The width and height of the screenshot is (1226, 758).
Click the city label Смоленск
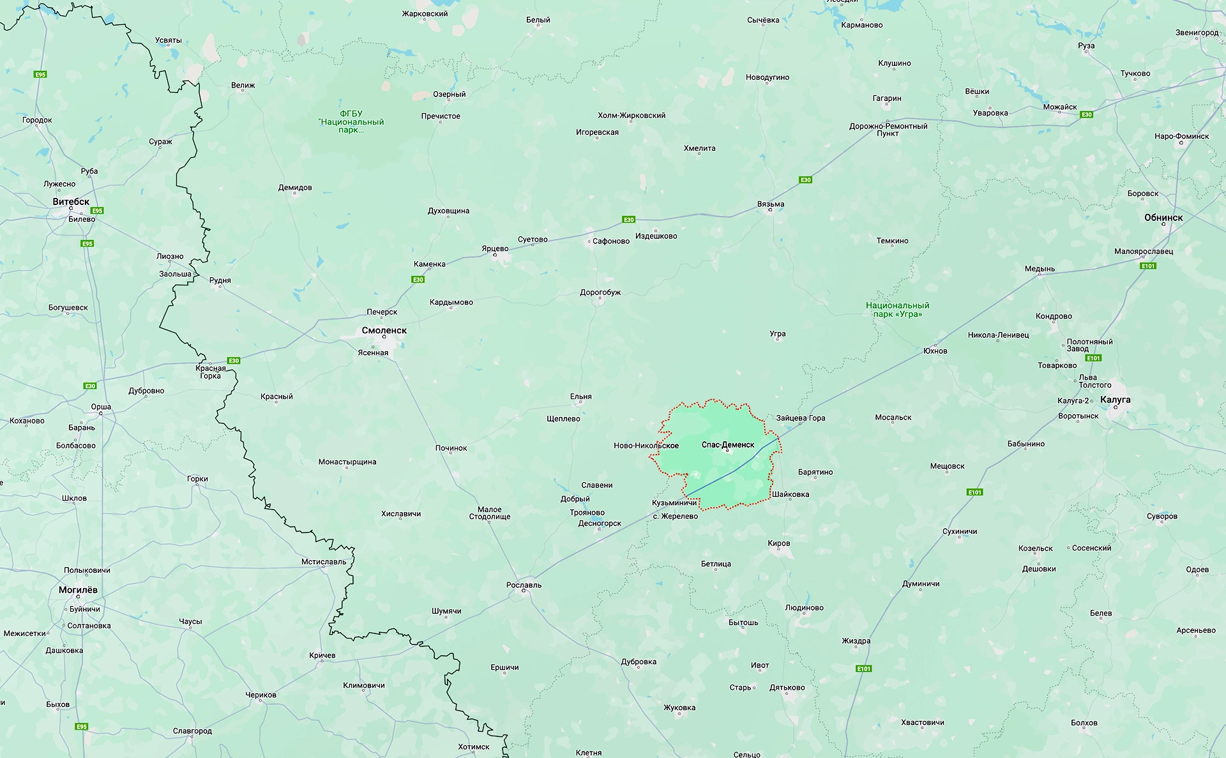[384, 330]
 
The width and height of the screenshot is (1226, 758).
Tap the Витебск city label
[71, 202]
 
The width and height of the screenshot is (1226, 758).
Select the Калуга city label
[1115, 400]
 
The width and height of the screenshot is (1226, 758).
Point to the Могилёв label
[78, 590]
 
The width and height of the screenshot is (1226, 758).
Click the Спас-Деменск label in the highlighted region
[728, 444]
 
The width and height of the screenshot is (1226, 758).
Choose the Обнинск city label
[1163, 218]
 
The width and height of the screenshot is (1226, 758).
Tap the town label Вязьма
[771, 204]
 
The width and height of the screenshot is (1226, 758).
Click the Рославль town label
[524, 585]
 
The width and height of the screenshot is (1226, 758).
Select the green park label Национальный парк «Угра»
[897, 310]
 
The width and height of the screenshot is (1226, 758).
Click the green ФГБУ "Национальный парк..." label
[351, 121]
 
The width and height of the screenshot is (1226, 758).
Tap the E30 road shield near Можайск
[1086, 115]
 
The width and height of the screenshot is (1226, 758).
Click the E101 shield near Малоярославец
[1148, 266]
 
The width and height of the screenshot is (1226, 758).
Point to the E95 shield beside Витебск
[97, 211]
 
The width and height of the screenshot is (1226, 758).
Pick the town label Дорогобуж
[600, 292]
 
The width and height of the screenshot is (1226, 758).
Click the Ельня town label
[580, 397]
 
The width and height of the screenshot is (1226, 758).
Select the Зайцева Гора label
[801, 418]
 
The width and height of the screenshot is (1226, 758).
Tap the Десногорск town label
[600, 523]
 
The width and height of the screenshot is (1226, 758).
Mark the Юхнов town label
[935, 351]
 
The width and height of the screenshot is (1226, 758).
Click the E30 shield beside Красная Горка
[234, 361]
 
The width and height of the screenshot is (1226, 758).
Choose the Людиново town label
[804, 608]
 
